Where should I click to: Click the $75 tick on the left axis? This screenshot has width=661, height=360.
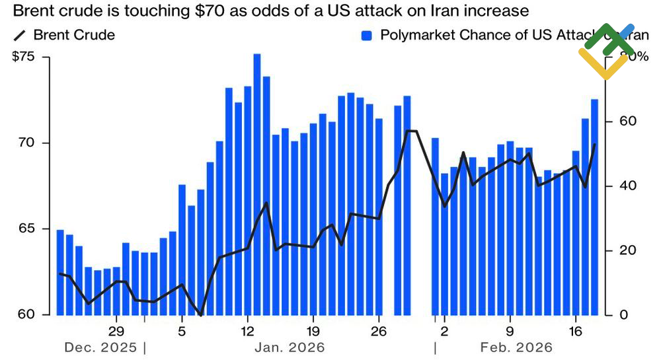tap(25, 57)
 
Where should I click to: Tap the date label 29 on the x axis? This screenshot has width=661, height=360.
tap(116, 331)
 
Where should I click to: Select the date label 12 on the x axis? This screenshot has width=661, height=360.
tap(248, 331)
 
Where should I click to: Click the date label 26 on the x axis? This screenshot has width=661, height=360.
tap(379, 331)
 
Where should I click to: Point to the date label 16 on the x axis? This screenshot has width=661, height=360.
tap(576, 331)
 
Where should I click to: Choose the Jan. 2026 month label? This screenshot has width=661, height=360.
tap(290, 347)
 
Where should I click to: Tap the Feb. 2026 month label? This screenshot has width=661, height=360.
tap(517, 347)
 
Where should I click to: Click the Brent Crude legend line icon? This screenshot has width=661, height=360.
tap(19, 35)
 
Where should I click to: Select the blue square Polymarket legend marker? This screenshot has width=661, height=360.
tap(368, 35)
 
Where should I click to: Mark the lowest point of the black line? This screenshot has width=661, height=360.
tap(200, 314)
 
